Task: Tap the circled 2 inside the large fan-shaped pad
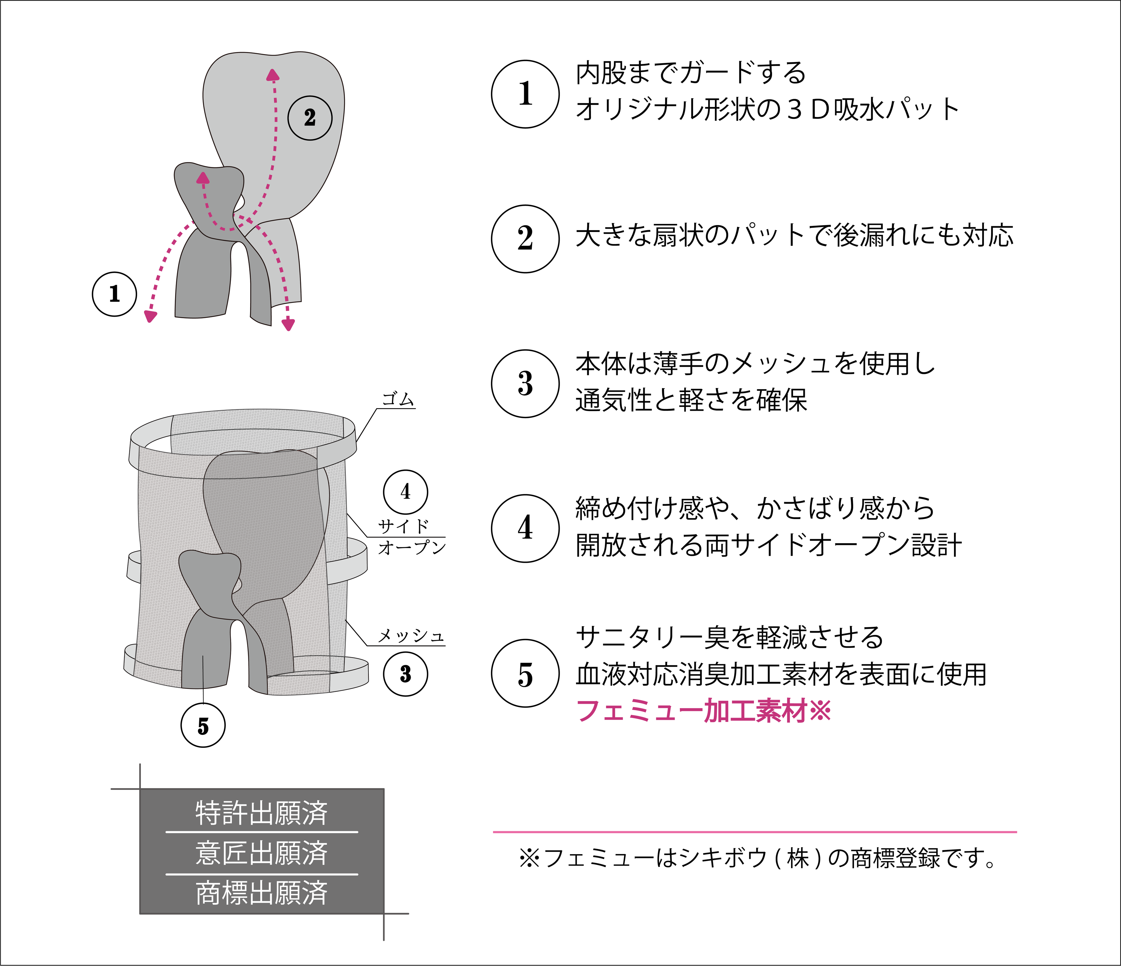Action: click(x=310, y=118)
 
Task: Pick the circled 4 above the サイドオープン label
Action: click(x=405, y=492)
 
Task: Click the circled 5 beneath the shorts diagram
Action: click(x=203, y=726)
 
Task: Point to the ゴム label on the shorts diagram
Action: click(x=398, y=399)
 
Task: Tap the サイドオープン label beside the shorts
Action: click(x=411, y=537)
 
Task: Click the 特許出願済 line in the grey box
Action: click(x=262, y=813)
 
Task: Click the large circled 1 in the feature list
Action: click(x=525, y=94)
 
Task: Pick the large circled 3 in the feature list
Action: click(x=525, y=383)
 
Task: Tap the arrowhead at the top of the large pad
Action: click(x=273, y=75)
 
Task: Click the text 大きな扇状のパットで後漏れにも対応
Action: click(x=794, y=236)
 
